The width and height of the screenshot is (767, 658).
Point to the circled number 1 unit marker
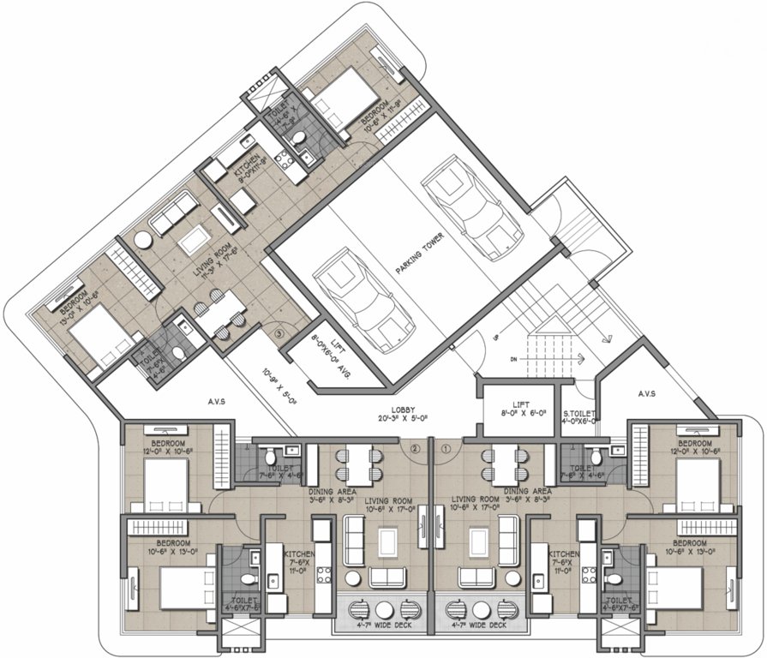click(445, 446)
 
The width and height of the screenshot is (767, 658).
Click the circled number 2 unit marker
click(416, 446)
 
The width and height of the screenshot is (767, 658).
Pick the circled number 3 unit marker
click(279, 334)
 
